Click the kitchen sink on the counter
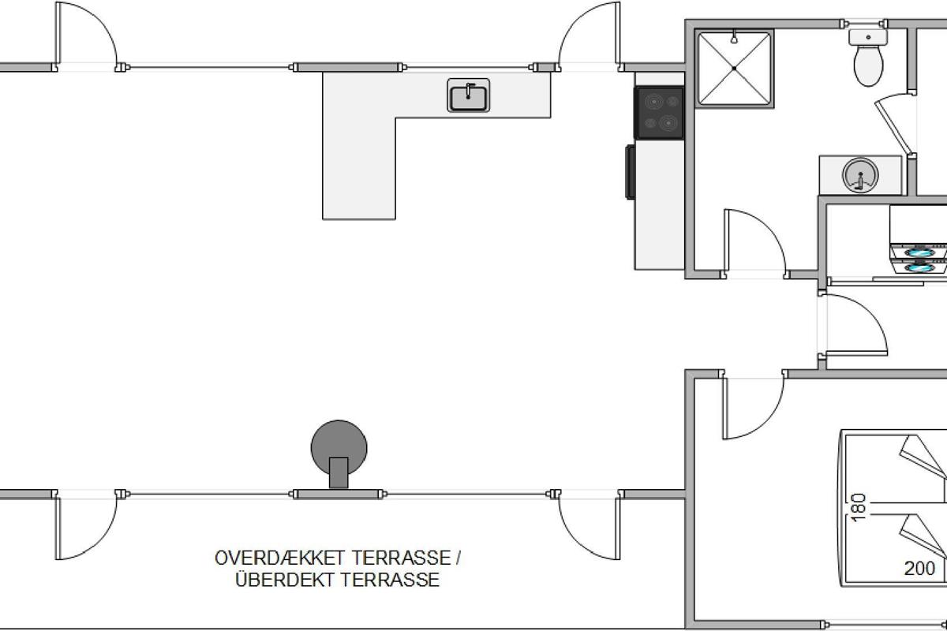(469, 95)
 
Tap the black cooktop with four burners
(660, 113)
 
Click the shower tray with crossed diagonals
(735, 69)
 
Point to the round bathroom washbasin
(860, 175)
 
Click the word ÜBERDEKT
(286, 580)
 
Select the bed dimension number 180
(859, 508)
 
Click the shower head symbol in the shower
(735, 37)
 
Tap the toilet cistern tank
(868, 37)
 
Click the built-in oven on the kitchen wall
(631, 172)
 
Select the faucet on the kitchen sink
(469, 91)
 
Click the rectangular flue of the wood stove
(339, 472)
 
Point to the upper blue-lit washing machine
(919, 252)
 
